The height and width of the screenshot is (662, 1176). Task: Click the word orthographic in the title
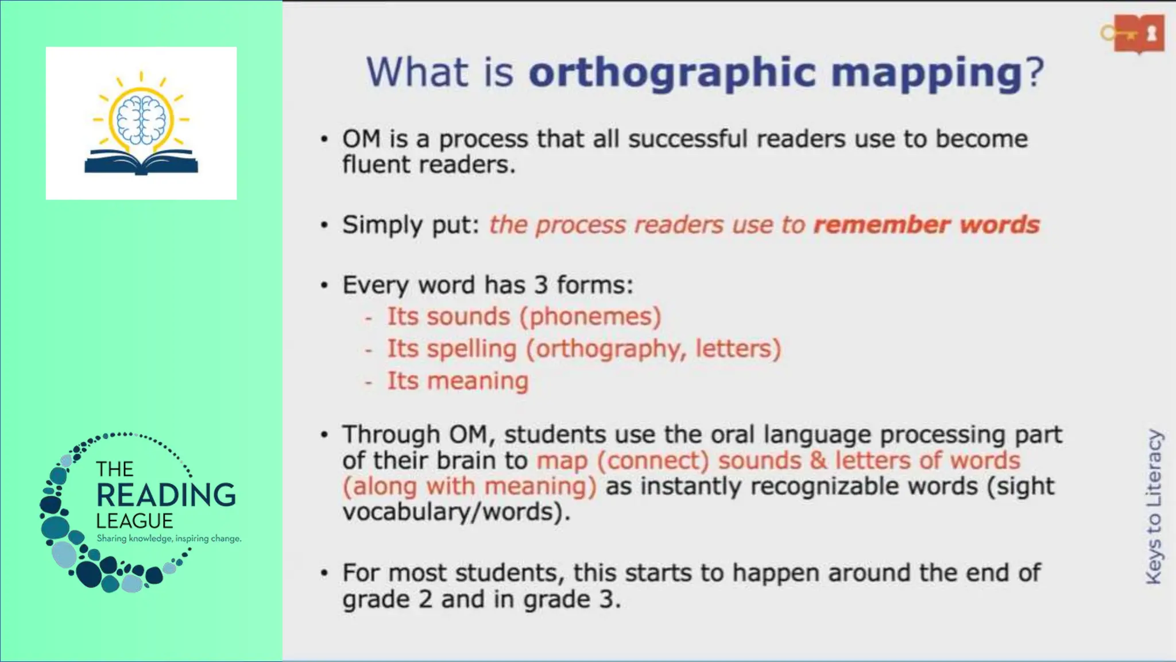(672, 73)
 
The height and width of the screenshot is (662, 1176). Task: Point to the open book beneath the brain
(141, 162)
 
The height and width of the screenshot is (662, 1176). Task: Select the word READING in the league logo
(166, 495)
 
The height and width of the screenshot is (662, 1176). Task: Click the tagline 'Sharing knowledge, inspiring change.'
(169, 538)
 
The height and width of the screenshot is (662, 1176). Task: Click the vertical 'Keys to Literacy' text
(1154, 506)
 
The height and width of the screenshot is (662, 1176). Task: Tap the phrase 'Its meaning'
(457, 381)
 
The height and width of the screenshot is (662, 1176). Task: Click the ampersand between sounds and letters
(818, 460)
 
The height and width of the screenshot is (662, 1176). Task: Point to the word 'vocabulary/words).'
(457, 511)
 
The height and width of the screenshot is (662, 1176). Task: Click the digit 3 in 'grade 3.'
(606, 599)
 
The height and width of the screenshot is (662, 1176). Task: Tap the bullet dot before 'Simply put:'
(324, 225)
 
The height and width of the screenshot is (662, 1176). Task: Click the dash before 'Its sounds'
(369, 317)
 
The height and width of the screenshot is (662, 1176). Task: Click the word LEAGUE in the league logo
(134, 521)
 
